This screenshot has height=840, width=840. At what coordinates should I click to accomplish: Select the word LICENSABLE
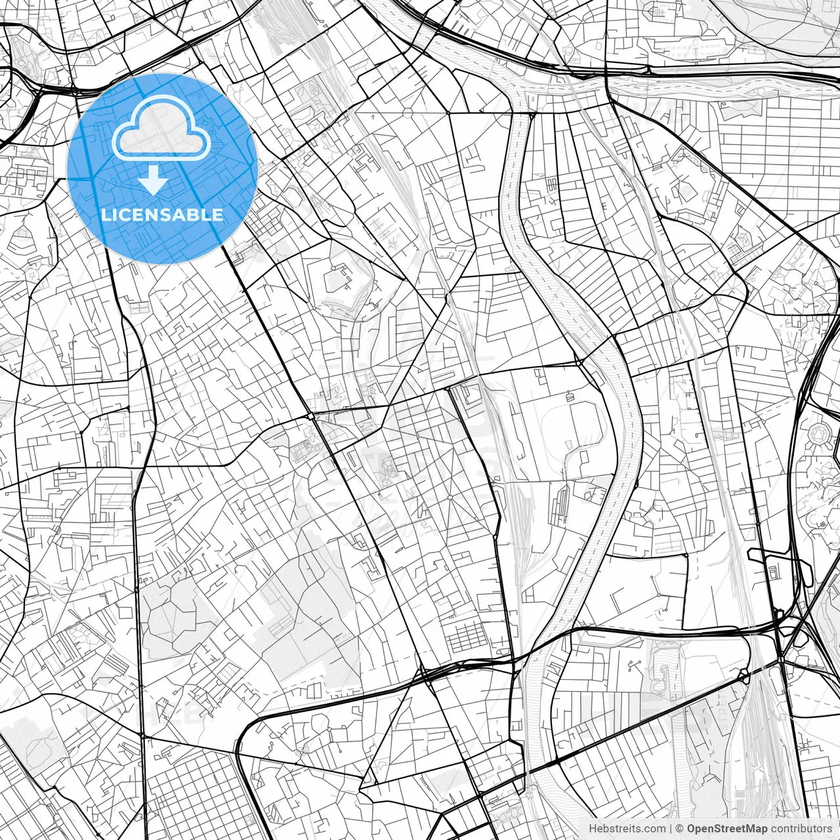coord(162,215)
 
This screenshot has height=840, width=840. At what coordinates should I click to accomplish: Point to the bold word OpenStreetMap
coord(726,829)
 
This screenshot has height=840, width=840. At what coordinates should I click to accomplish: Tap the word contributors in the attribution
coord(801,829)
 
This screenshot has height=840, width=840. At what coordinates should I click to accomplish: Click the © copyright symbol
coord(681,829)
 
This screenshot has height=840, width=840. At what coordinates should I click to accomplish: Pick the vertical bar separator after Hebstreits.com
coord(671,829)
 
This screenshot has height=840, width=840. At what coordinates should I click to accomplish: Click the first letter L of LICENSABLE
coord(105,215)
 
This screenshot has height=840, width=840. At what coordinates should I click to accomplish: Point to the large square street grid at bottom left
coord(190,794)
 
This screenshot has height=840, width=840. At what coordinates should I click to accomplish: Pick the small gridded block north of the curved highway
coord(467,635)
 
